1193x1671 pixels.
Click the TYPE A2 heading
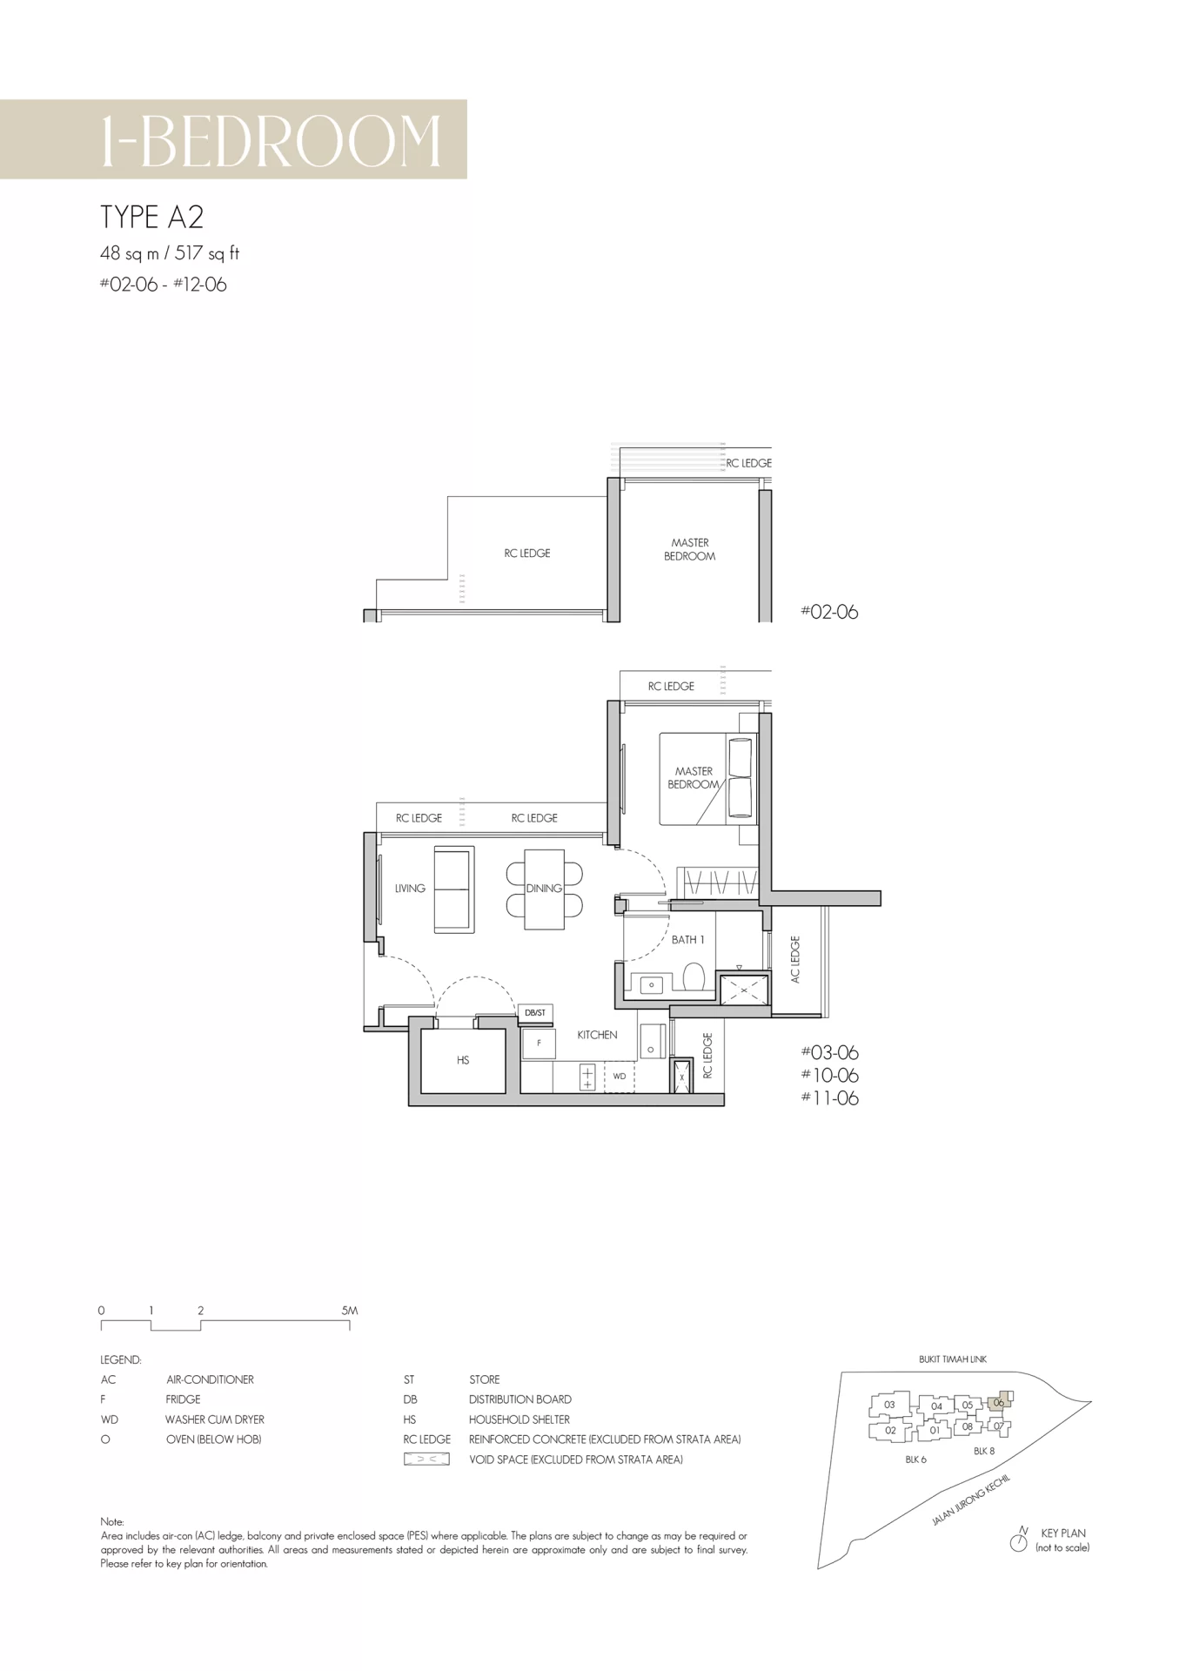pos(151,217)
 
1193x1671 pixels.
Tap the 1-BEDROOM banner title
pos(271,141)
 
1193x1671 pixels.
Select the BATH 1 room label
pos(687,940)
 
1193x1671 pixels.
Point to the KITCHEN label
pos(597,1035)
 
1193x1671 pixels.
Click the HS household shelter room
pos(463,1060)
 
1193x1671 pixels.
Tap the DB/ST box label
pos(535,1013)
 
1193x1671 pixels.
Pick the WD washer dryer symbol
pos(620,1077)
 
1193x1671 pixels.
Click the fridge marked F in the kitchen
pos(539,1044)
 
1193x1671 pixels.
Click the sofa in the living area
pos(454,889)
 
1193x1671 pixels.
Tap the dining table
pos(544,889)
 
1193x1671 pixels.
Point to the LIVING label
pos(410,889)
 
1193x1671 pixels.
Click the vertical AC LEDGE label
pos(794,960)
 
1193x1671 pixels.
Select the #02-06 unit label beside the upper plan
pos(829,612)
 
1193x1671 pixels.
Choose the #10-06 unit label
pos(829,1076)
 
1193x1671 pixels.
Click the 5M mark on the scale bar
pos(350,1311)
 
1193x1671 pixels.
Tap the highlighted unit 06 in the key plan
pos(1000,1402)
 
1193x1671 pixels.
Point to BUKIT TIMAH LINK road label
pos(953,1359)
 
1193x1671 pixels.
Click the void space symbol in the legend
pos(426,1460)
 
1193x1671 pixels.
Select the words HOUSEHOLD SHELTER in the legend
pos(519,1419)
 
